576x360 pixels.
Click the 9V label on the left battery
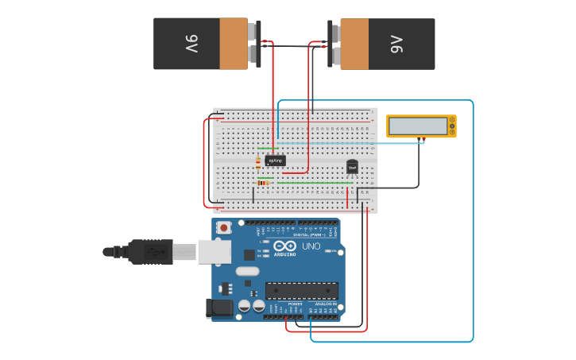(x=191, y=44)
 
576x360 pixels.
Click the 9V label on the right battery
(x=397, y=44)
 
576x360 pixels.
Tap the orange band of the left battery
(x=234, y=44)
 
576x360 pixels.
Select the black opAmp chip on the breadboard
(x=275, y=160)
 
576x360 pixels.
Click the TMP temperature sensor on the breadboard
(x=352, y=167)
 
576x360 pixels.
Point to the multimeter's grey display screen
(x=418, y=126)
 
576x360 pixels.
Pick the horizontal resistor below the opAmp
(x=264, y=183)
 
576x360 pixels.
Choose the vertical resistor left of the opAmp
(x=258, y=164)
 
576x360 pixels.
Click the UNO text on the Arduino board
(x=311, y=246)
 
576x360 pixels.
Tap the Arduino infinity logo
(x=284, y=246)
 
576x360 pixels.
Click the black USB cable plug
(x=147, y=251)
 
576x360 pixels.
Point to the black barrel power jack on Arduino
(x=218, y=308)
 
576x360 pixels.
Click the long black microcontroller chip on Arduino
(x=301, y=291)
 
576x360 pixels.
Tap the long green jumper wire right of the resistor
(x=315, y=183)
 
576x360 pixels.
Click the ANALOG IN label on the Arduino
(x=326, y=304)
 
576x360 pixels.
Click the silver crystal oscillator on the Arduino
(x=247, y=271)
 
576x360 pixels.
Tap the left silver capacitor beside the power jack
(x=245, y=305)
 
